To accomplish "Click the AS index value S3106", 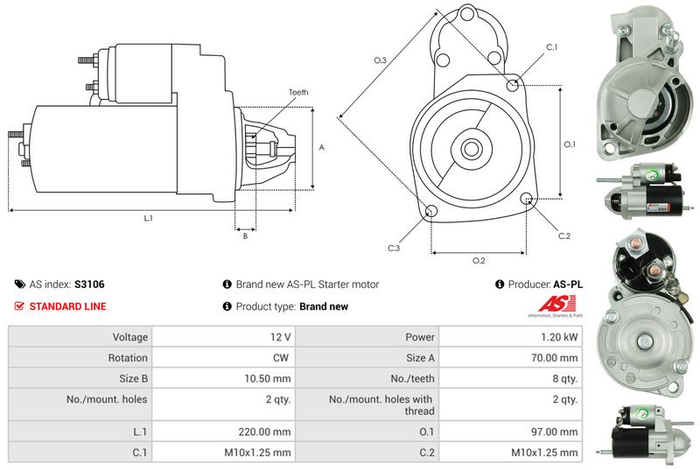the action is tap(89, 284).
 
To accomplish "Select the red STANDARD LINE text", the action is tap(68, 306).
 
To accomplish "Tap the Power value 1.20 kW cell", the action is tap(511, 337).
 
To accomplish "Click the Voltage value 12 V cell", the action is tap(224, 337).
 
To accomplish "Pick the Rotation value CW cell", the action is tap(224, 357).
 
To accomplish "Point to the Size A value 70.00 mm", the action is tap(555, 358).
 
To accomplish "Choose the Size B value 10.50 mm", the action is tap(268, 379).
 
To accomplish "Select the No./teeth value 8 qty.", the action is tap(564, 379).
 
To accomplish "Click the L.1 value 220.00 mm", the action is tap(264, 432).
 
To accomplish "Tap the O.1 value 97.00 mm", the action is tap(555, 432).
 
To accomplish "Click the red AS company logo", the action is tap(556, 305).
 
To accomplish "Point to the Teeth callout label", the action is tap(298, 93).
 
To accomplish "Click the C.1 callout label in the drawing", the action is tap(552, 47).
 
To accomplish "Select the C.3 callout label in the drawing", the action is tap(393, 249).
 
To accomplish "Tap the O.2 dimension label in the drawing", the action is tap(479, 260).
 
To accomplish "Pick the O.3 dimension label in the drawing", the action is tap(381, 60).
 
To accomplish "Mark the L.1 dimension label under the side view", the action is tap(148, 218).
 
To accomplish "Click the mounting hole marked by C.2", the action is tap(527, 197).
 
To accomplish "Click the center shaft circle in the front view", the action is tap(471, 149).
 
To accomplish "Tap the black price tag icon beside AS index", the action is tap(20, 284).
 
